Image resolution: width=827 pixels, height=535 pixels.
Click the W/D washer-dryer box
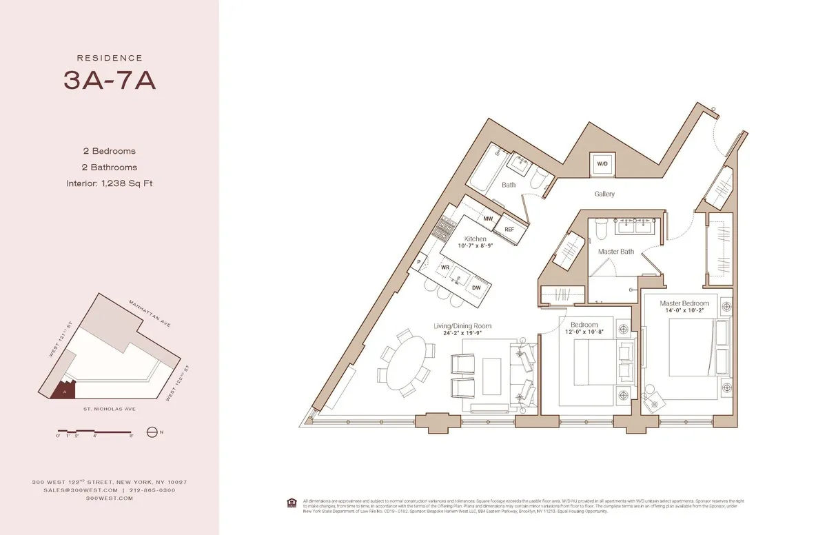602,163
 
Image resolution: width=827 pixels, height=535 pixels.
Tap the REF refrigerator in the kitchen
510,230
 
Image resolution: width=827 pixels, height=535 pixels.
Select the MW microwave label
488,219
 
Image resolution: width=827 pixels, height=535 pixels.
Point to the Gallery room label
604,194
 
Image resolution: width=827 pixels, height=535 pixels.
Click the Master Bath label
615,252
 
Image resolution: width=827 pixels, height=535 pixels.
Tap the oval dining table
403,361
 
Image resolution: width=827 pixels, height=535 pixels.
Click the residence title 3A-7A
110,81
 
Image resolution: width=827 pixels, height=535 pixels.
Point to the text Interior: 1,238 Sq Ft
110,183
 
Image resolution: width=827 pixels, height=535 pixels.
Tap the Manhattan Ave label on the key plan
150,313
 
